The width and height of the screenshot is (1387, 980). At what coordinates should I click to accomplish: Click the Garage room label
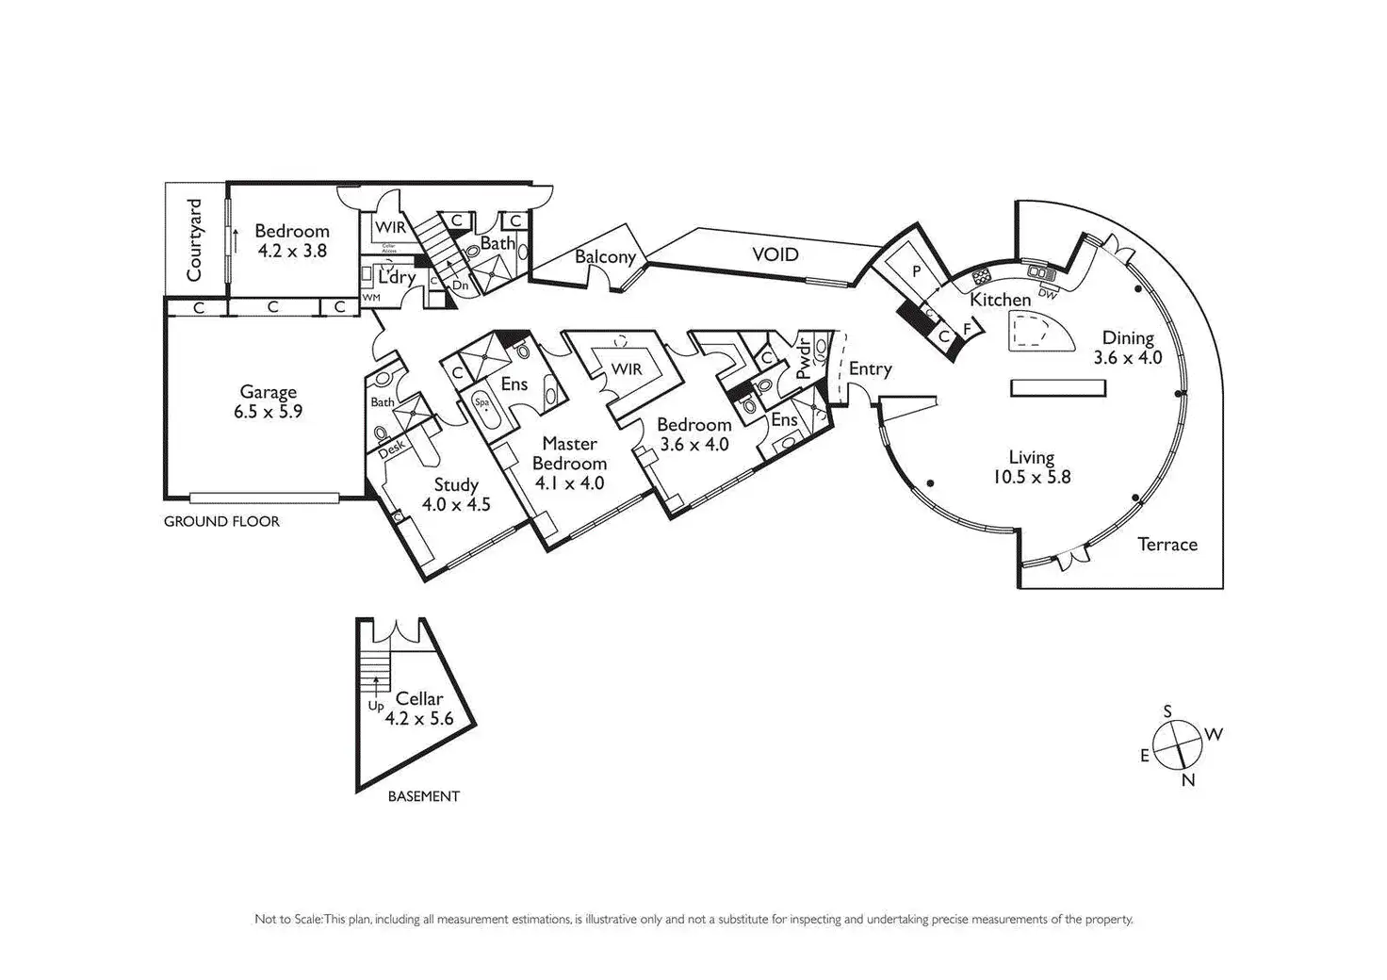pyautogui.click(x=268, y=392)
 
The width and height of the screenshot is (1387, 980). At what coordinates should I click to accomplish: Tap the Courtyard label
pyautogui.click(x=195, y=240)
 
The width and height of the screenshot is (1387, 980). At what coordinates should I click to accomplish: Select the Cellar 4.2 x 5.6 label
pyautogui.click(x=418, y=708)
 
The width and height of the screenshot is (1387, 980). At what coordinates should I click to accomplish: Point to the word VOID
pyautogui.click(x=775, y=254)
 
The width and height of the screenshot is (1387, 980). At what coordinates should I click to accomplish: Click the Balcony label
pyautogui.click(x=605, y=256)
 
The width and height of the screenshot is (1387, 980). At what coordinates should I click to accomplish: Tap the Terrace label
pyautogui.click(x=1167, y=544)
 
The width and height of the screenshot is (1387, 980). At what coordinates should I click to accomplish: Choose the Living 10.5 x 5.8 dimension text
pyautogui.click(x=1031, y=477)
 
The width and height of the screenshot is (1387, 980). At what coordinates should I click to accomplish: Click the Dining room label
pyautogui.click(x=1128, y=338)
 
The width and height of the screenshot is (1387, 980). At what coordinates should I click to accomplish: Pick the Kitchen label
pyautogui.click(x=1001, y=300)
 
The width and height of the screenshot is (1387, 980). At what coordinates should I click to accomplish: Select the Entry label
pyautogui.click(x=870, y=368)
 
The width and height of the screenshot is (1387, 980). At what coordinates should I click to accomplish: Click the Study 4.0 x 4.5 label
pyautogui.click(x=456, y=495)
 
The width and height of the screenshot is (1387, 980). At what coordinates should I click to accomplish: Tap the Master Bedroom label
pyautogui.click(x=569, y=453)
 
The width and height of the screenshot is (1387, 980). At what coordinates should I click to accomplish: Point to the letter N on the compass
pyautogui.click(x=1188, y=780)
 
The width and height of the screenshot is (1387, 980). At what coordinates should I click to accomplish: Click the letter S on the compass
pyautogui.click(x=1167, y=711)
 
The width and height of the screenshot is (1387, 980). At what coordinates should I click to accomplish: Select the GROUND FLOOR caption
pyautogui.click(x=221, y=521)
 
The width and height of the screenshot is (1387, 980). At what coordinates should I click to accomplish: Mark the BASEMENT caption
pyautogui.click(x=423, y=796)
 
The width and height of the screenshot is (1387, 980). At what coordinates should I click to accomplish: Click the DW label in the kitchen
pyautogui.click(x=1047, y=293)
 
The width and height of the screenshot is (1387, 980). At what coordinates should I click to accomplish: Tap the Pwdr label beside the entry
pyautogui.click(x=803, y=357)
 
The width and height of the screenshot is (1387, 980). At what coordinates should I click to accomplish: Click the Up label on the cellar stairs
pyautogui.click(x=375, y=705)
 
